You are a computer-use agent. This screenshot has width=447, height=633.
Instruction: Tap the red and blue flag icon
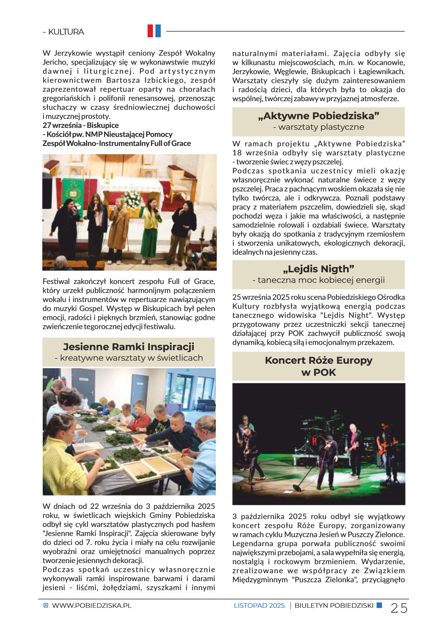pos(154,31)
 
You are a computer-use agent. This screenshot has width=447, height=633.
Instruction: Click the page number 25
pos(399,608)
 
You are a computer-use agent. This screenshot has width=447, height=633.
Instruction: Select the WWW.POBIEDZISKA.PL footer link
pos(92,606)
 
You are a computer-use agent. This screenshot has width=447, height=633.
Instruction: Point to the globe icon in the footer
pos(46,606)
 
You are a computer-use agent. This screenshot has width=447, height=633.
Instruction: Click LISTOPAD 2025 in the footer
pos(259,606)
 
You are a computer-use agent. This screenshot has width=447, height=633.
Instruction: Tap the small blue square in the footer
pos(379,605)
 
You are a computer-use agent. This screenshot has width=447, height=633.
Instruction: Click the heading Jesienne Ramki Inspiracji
pos(128,346)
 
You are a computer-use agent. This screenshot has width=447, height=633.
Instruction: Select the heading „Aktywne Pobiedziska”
pos(319,116)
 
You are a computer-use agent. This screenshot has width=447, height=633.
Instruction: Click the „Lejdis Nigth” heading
pos(319,269)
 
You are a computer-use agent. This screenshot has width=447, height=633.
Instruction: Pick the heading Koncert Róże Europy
pos(319,360)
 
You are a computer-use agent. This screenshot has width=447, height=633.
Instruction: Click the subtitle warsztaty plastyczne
pos(319,127)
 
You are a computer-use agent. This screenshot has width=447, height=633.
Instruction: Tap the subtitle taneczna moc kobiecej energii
pos(319,280)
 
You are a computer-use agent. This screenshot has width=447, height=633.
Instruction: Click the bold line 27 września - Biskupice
pos(81,125)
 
